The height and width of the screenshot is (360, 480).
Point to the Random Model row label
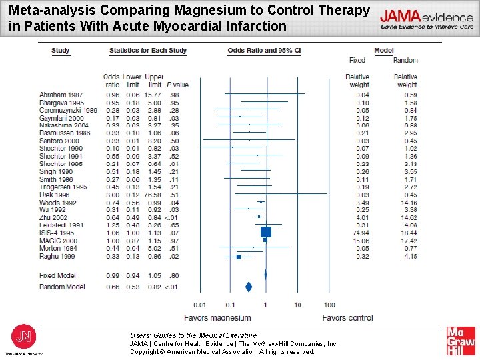pos(62,287)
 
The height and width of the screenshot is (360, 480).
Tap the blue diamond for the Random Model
pos(249,287)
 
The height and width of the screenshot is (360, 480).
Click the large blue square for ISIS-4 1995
pos(266,232)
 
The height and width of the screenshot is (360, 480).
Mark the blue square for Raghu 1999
pos(239,256)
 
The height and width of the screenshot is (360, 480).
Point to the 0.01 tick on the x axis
pos(199,305)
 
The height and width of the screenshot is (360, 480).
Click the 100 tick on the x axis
pos(329,305)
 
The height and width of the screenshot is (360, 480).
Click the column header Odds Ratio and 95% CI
pos(264,51)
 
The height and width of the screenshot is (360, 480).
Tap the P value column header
pos(177,85)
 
